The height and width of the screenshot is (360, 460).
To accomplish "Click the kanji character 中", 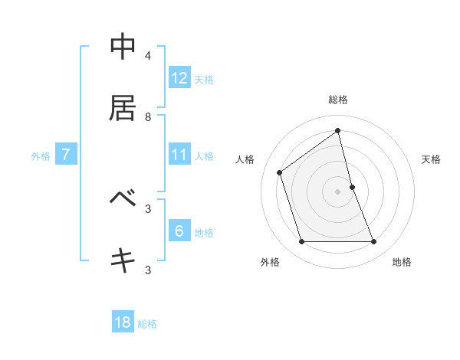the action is (x=123, y=47).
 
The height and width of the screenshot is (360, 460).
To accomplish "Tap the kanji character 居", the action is (x=123, y=109).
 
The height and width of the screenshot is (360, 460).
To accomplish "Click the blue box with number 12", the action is (x=179, y=78).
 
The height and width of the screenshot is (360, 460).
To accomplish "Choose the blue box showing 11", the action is (x=179, y=155).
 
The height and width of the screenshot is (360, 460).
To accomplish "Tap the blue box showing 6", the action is (x=179, y=231).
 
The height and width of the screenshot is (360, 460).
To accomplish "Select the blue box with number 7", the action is (x=66, y=155).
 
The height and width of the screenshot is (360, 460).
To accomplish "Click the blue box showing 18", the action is (x=123, y=322).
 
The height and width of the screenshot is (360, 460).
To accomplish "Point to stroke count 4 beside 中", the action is (x=148, y=55).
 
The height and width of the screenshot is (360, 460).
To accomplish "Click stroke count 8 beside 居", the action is (x=148, y=116).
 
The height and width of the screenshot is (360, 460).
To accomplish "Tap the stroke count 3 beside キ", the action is (x=148, y=270).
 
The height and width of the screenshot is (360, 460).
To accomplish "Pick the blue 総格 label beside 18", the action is (x=147, y=324).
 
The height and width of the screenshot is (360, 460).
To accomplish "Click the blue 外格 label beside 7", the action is (x=41, y=156).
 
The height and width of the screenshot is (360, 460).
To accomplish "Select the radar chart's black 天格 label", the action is (x=431, y=159).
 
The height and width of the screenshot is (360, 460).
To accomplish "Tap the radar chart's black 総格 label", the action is (x=338, y=100).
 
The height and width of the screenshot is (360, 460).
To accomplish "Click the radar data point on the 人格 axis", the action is (x=280, y=172).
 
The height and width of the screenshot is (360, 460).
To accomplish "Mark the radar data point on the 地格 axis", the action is (x=374, y=242).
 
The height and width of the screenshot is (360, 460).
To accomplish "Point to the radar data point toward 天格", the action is (x=352, y=187).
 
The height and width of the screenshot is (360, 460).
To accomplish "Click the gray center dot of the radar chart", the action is (x=338, y=191).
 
